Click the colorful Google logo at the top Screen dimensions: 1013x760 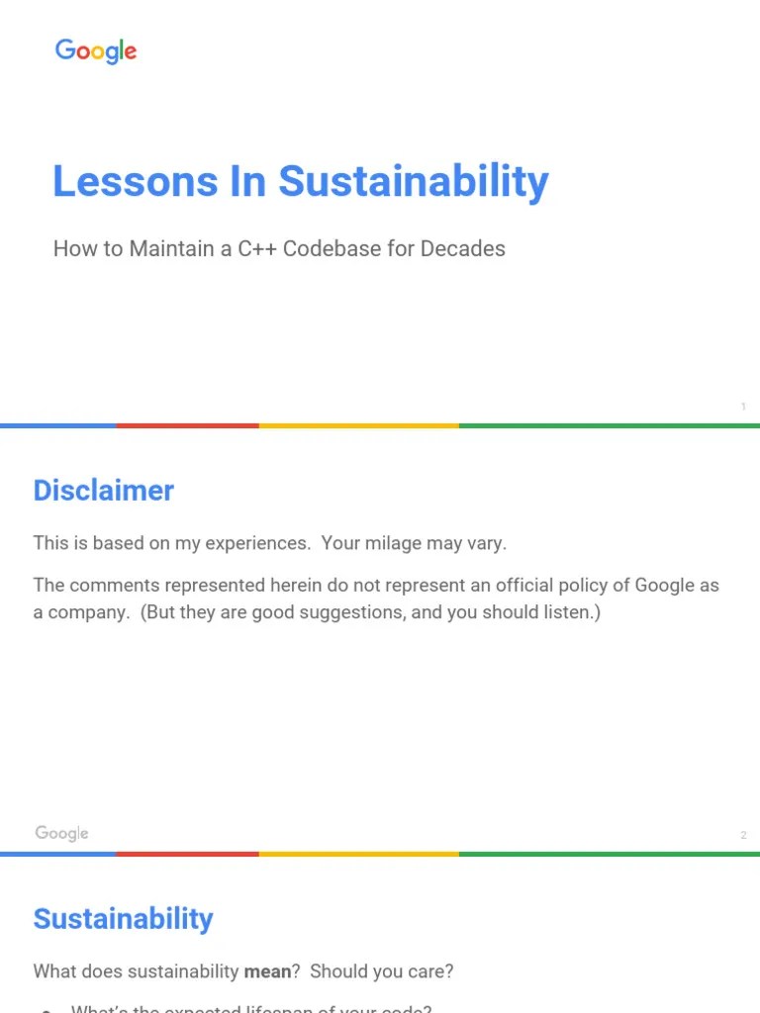pyautogui.click(x=96, y=51)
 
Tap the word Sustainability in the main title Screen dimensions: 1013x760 pyautogui.click(x=413, y=182)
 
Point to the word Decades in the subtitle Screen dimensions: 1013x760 pyautogui.click(x=463, y=248)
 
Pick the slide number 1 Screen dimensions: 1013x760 pyautogui.click(x=743, y=407)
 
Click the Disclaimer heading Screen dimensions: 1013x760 pyautogui.click(x=104, y=491)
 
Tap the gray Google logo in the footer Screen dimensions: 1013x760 pyautogui.click(x=61, y=833)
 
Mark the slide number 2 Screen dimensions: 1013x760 pyautogui.click(x=743, y=836)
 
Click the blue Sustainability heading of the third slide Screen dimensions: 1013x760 pyautogui.click(x=123, y=919)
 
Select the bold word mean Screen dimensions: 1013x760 pyautogui.click(x=267, y=971)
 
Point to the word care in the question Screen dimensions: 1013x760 pyautogui.click(x=430, y=971)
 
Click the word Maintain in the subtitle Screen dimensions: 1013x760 pyautogui.click(x=167, y=248)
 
